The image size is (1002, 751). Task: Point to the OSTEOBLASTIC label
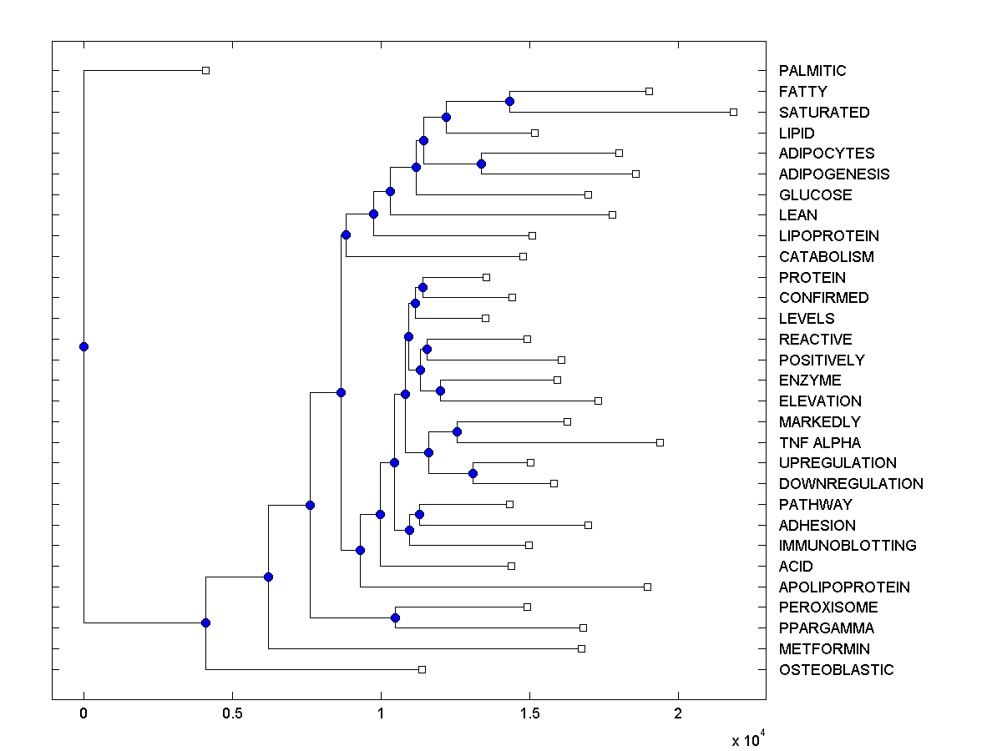point(836,669)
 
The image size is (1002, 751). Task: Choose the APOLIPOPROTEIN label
point(844,587)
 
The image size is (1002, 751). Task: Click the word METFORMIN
point(824,648)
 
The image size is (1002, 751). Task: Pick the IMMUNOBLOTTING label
point(848,546)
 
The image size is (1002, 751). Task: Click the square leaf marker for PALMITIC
point(206,70)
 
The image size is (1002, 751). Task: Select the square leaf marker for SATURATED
point(733,112)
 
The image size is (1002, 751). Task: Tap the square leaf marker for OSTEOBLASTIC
point(422,669)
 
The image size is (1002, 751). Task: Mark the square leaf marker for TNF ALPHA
point(660,442)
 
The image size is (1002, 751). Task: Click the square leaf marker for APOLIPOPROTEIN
point(647,587)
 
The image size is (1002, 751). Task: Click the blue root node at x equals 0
point(83,346)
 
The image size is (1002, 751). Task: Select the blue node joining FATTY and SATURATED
point(509,101)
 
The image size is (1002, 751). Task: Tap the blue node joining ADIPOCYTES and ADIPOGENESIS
point(481,164)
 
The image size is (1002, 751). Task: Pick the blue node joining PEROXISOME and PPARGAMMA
point(395,617)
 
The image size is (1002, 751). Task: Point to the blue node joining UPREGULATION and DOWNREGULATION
point(473,473)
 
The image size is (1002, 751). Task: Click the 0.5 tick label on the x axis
point(232,713)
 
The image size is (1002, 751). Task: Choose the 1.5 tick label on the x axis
point(529,713)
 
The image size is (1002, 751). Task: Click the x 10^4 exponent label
point(747,739)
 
